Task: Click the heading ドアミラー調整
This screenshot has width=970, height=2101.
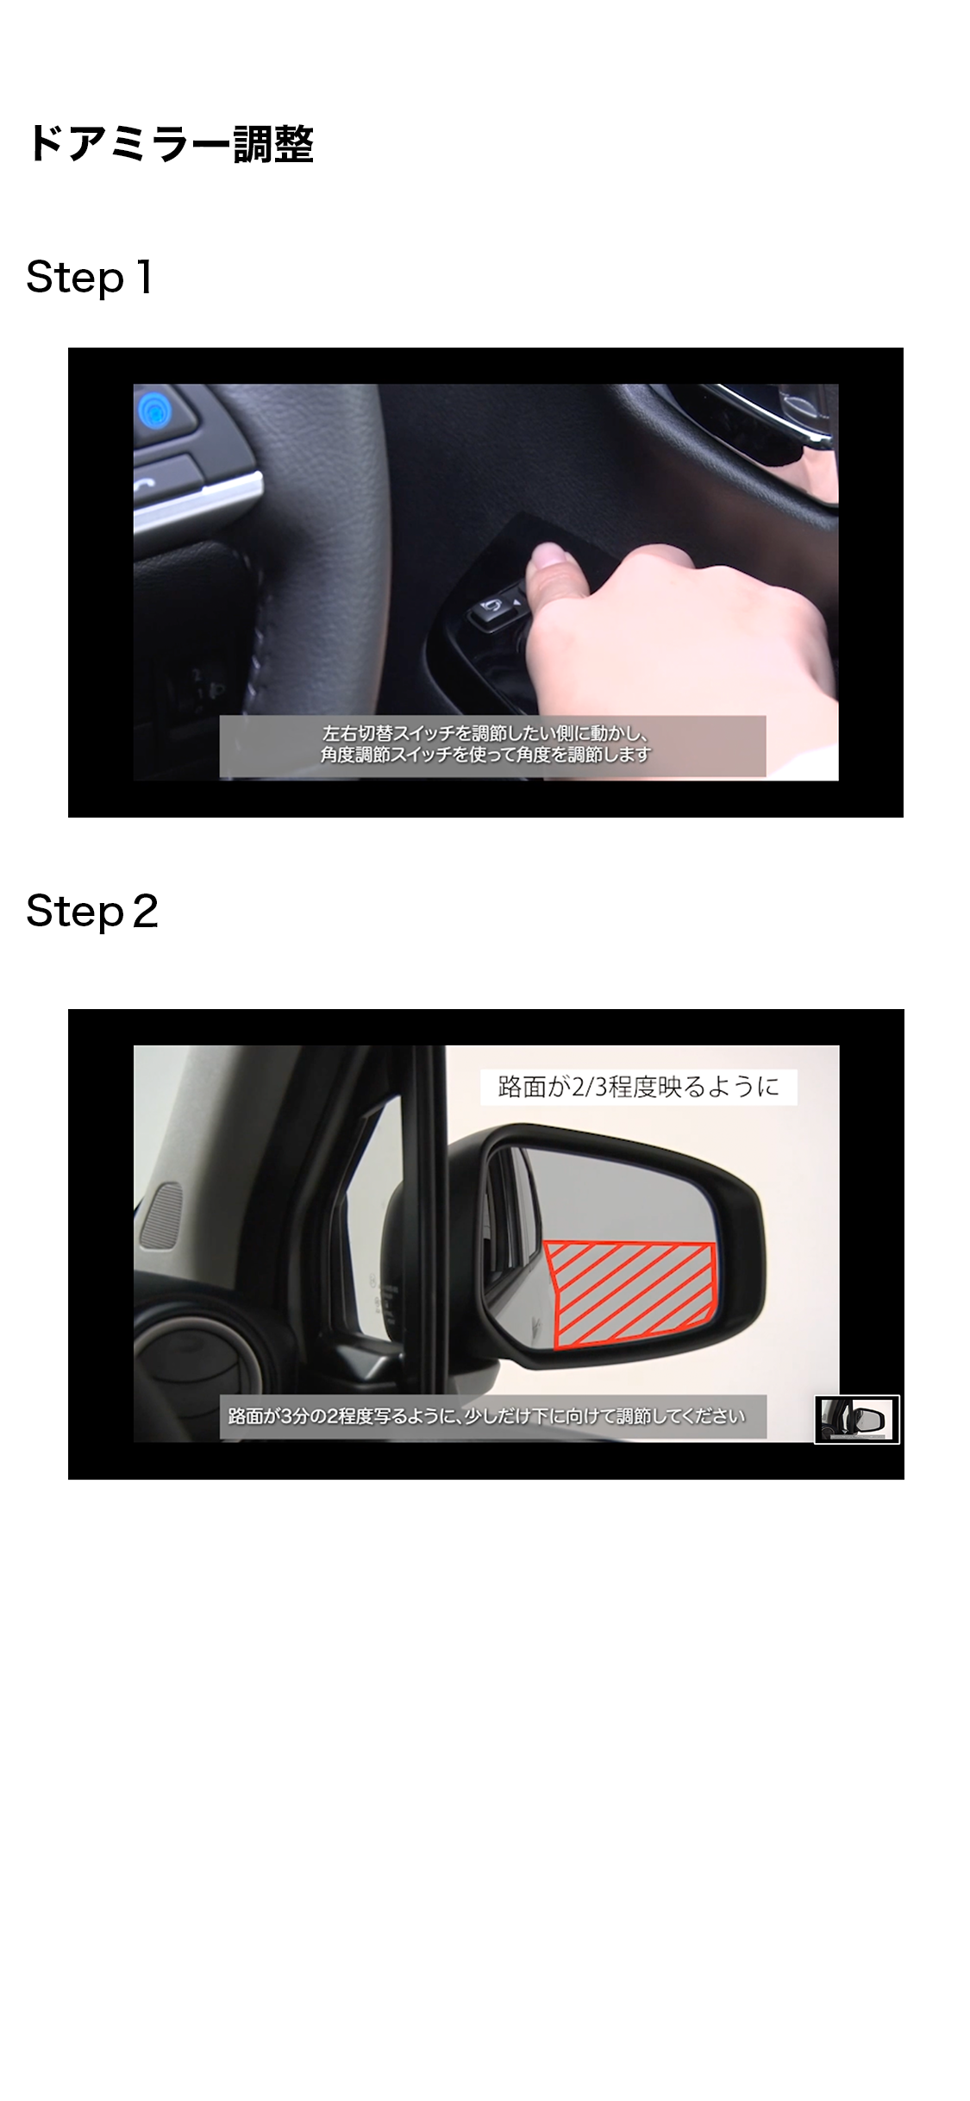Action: tap(170, 143)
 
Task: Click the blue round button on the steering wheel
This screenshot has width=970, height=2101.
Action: tap(156, 408)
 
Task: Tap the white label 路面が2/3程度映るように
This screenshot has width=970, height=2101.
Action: tap(639, 1086)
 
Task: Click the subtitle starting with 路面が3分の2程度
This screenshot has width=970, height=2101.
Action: tap(486, 1416)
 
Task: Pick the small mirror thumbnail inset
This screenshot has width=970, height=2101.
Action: tap(857, 1419)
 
